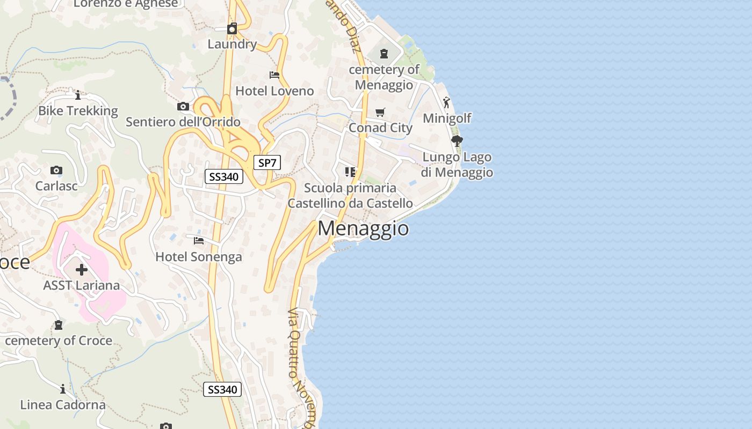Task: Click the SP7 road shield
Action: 267,162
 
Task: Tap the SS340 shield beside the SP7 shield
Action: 224,176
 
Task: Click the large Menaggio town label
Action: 363,228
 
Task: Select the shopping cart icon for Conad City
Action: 380,112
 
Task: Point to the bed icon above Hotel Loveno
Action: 274,75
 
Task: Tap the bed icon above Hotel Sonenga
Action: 199,241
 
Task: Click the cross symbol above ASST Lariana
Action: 82,269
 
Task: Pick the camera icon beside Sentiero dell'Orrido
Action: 183,106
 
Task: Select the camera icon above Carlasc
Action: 56,171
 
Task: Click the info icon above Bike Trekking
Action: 78,95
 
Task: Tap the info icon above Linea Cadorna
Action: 63,389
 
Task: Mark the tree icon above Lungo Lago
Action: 457,141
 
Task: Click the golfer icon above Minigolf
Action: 446,102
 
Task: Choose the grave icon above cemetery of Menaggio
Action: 384,54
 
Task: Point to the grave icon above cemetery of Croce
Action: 59,325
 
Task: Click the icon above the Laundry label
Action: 232,28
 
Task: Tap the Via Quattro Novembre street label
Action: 298,365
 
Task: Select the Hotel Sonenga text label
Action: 199,257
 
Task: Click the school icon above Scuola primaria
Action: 350,172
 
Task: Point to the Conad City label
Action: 380,128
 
